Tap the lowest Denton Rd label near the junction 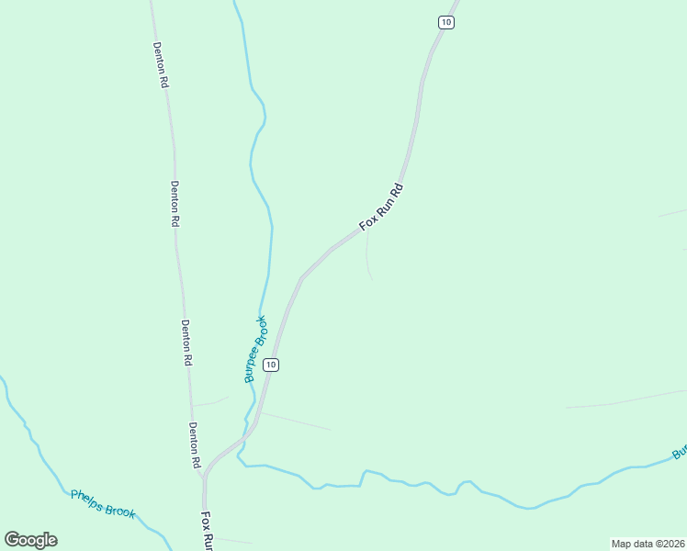[194, 445]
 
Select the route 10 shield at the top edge [445, 22]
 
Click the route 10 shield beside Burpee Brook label [270, 365]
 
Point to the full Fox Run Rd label [381, 207]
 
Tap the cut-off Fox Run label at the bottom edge [208, 531]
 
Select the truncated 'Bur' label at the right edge [679, 453]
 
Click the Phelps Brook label [103, 504]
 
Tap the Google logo [30, 540]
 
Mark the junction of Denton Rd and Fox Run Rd [205, 472]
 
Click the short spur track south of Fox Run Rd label [367, 257]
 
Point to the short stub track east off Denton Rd [209, 401]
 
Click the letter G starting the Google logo [11, 539]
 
